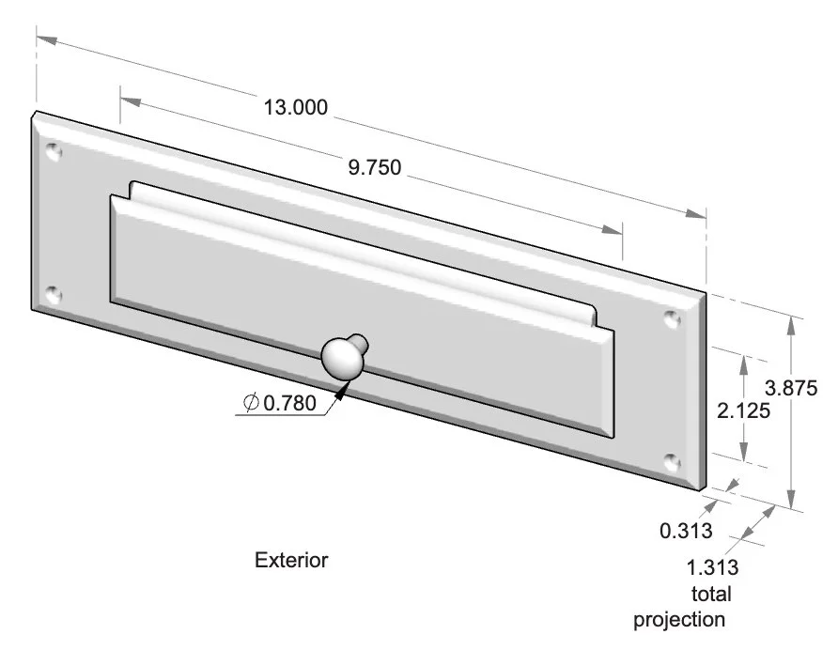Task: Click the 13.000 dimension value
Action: click(296, 107)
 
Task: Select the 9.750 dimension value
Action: click(375, 168)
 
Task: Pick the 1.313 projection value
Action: click(713, 567)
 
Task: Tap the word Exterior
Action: click(291, 561)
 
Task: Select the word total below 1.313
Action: click(710, 594)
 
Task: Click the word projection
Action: click(679, 620)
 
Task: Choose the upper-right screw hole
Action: click(671, 318)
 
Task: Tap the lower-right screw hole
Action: click(671, 461)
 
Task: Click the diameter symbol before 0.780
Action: click(251, 403)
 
